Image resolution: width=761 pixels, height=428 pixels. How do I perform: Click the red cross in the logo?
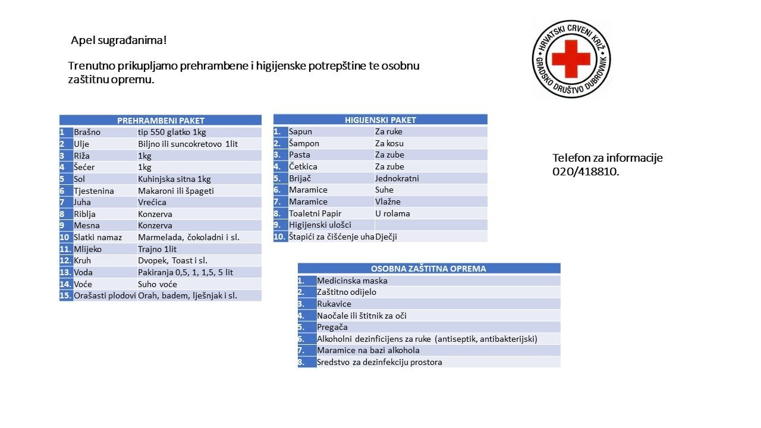pyautogui.click(x=571, y=58)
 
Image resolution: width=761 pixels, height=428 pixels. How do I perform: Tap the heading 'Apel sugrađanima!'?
pyautogui.click(x=119, y=40)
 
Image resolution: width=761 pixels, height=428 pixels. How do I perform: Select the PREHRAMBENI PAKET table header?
pyautogui.click(x=161, y=120)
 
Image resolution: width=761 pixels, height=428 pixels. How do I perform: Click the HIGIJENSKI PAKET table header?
pyautogui.click(x=380, y=119)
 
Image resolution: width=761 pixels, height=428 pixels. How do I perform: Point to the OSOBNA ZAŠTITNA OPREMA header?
pyautogui.click(x=429, y=269)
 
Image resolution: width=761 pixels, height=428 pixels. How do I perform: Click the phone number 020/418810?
pyautogui.click(x=586, y=172)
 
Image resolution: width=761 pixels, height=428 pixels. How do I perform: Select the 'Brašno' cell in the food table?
pyautogui.click(x=87, y=132)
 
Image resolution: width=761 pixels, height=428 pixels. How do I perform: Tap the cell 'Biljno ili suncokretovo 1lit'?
pyautogui.click(x=188, y=144)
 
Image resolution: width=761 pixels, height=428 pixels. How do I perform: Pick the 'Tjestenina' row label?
pyautogui.click(x=94, y=191)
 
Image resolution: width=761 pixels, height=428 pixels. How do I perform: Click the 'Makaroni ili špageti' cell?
pyautogui.click(x=176, y=191)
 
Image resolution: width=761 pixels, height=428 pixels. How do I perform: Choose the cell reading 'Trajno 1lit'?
pyautogui.click(x=158, y=249)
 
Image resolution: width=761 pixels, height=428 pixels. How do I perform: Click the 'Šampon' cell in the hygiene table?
pyautogui.click(x=304, y=143)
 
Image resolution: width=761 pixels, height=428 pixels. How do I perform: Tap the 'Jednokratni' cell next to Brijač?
pyautogui.click(x=397, y=178)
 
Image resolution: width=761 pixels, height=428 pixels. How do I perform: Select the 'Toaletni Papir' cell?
pyautogui.click(x=315, y=213)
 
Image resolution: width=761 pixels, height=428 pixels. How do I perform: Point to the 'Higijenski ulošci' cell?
pyautogui.click(x=320, y=225)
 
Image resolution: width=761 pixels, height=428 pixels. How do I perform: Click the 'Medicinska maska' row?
pyautogui.click(x=352, y=281)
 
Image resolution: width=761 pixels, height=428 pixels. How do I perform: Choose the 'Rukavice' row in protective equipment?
pyautogui.click(x=334, y=304)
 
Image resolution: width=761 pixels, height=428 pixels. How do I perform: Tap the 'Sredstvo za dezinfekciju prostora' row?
pyautogui.click(x=379, y=362)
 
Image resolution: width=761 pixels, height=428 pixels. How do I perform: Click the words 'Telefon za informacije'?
pyautogui.click(x=608, y=158)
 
